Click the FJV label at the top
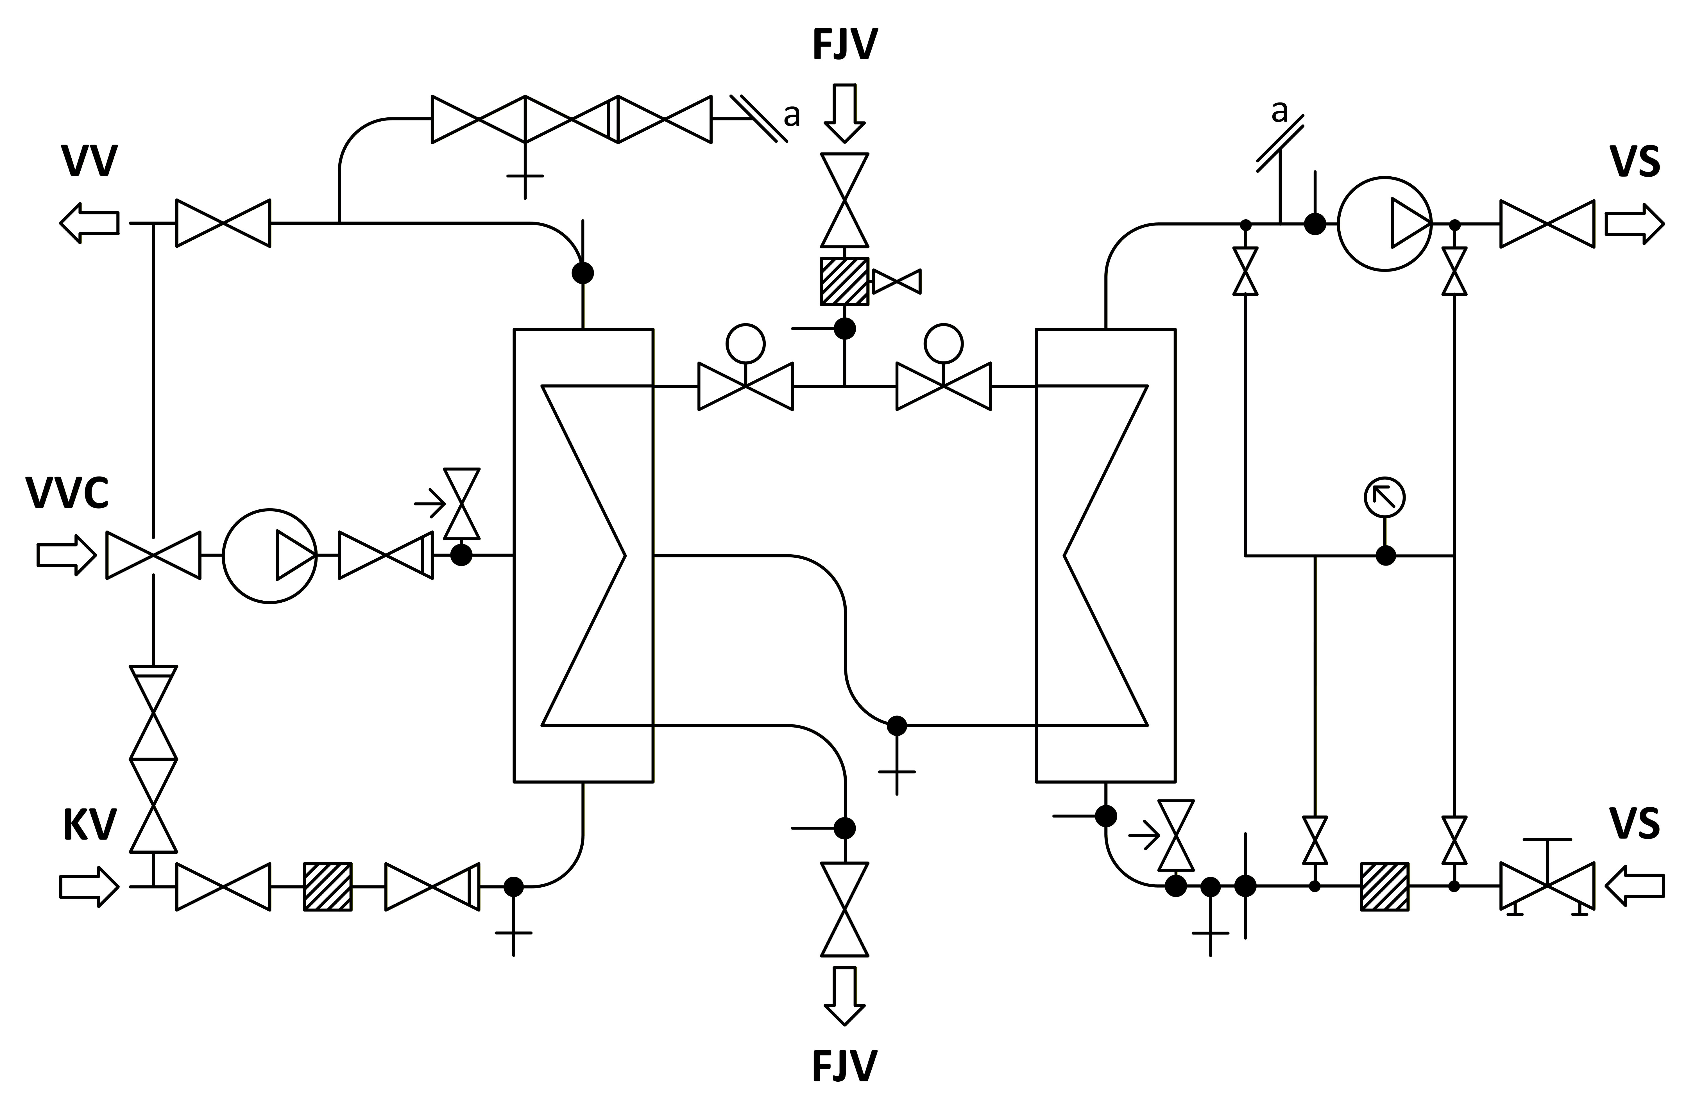tap(845, 44)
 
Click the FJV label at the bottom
tap(845, 1086)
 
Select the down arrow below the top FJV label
tap(845, 113)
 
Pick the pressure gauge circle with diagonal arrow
tap(1385, 497)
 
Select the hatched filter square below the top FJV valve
tap(845, 281)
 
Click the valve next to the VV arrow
tap(223, 223)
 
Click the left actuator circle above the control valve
tap(745, 344)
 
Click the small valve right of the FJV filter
tap(897, 281)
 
